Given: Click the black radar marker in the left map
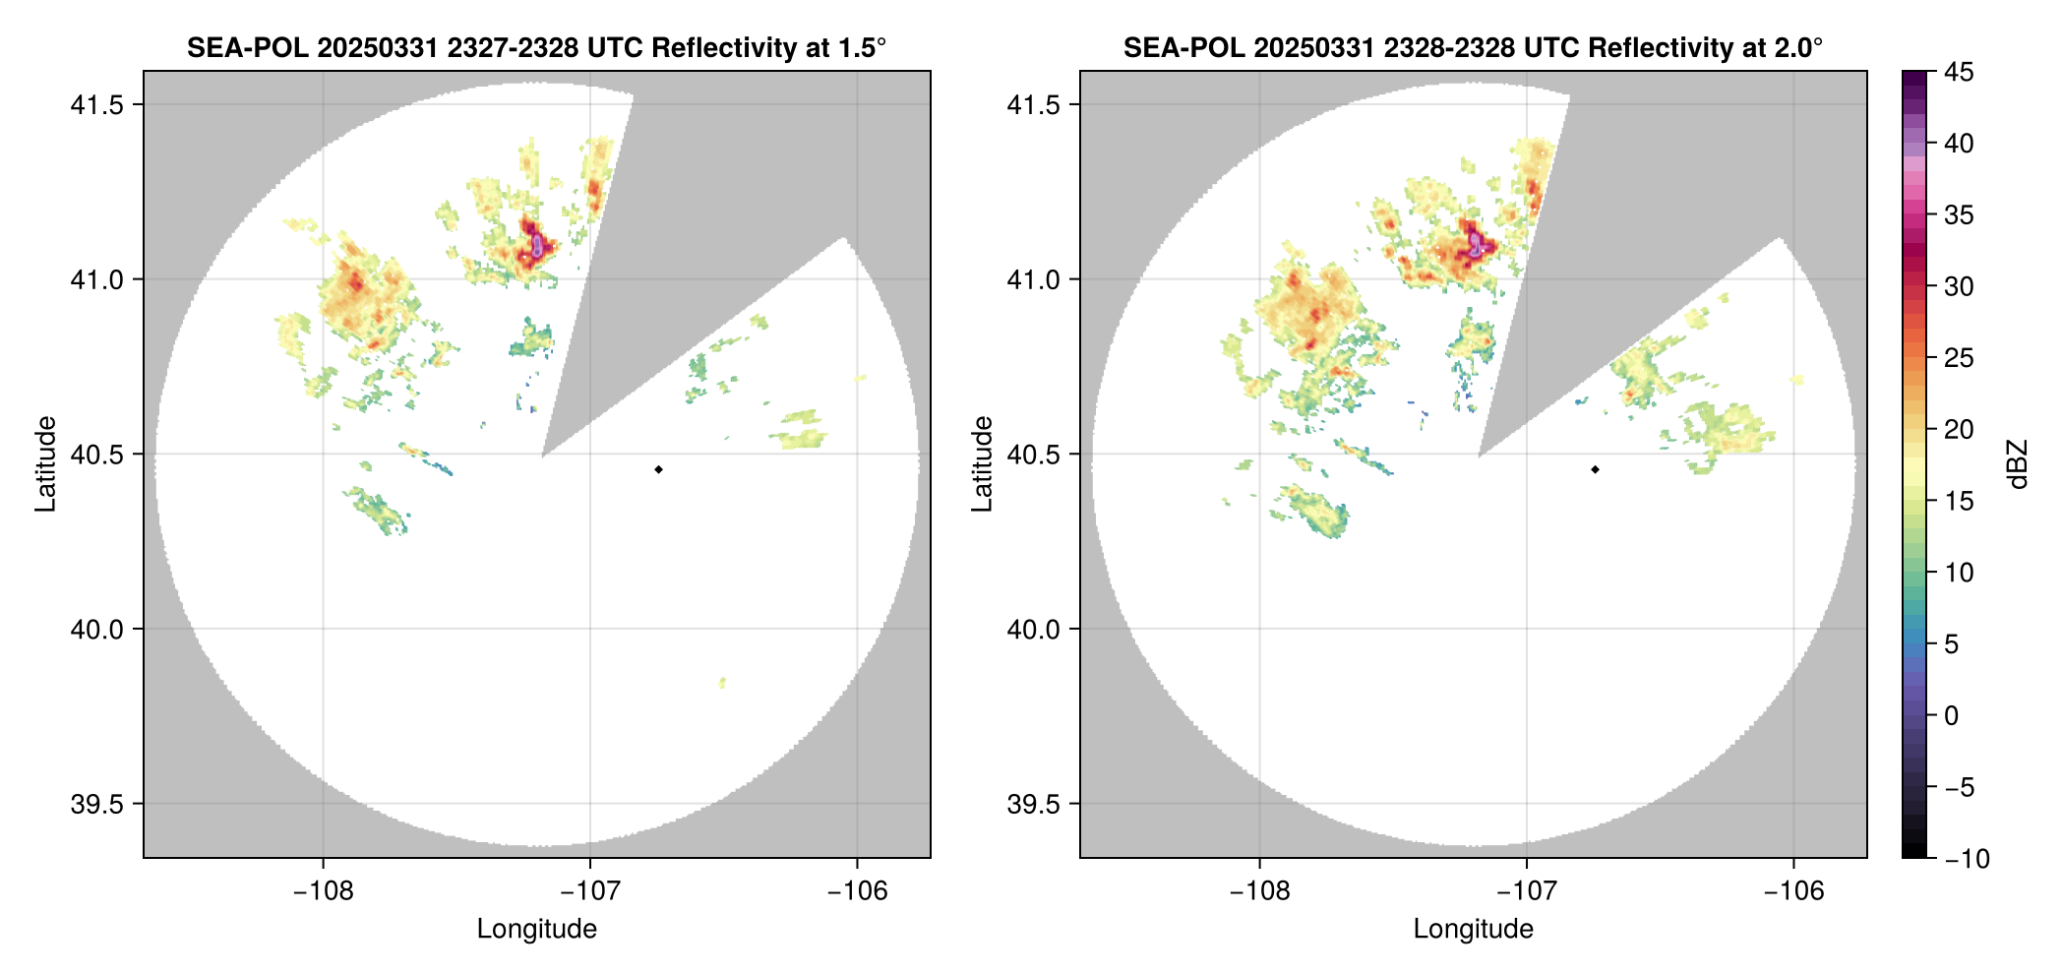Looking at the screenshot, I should [658, 469].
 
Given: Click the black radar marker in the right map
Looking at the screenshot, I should [1595, 469].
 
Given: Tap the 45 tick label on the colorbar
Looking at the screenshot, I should [1959, 72].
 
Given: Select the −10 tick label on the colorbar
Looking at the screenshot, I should [1967, 859].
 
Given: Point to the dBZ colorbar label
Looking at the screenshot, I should [2018, 464].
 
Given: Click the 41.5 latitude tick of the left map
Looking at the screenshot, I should [96, 105].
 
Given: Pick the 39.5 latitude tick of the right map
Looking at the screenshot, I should [1033, 804].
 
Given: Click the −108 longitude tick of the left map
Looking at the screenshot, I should [323, 890].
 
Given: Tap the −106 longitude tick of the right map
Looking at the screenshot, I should [1794, 890].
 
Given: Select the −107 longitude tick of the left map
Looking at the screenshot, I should [590, 890].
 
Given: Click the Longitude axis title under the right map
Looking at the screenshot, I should [1473, 929].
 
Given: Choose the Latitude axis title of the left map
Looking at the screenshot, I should [45, 464].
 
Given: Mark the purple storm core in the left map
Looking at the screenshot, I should [537, 244].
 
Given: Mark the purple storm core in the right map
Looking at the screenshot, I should [1475, 244].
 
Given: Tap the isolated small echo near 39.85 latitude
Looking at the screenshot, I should [723, 682].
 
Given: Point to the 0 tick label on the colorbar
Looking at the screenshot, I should [1952, 715].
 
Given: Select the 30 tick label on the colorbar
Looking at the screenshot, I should [1959, 286].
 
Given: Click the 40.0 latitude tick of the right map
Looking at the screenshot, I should [1033, 629].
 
